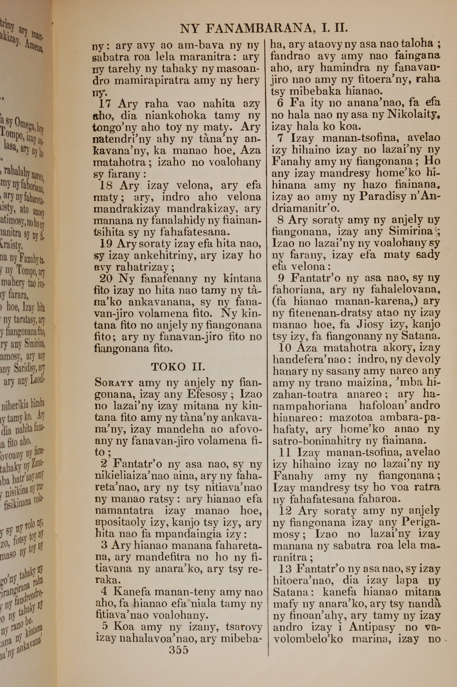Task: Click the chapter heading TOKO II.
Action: (178, 366)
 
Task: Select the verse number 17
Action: (105, 104)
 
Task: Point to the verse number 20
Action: (106, 279)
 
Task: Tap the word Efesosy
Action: (207, 394)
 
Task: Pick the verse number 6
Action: (280, 103)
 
